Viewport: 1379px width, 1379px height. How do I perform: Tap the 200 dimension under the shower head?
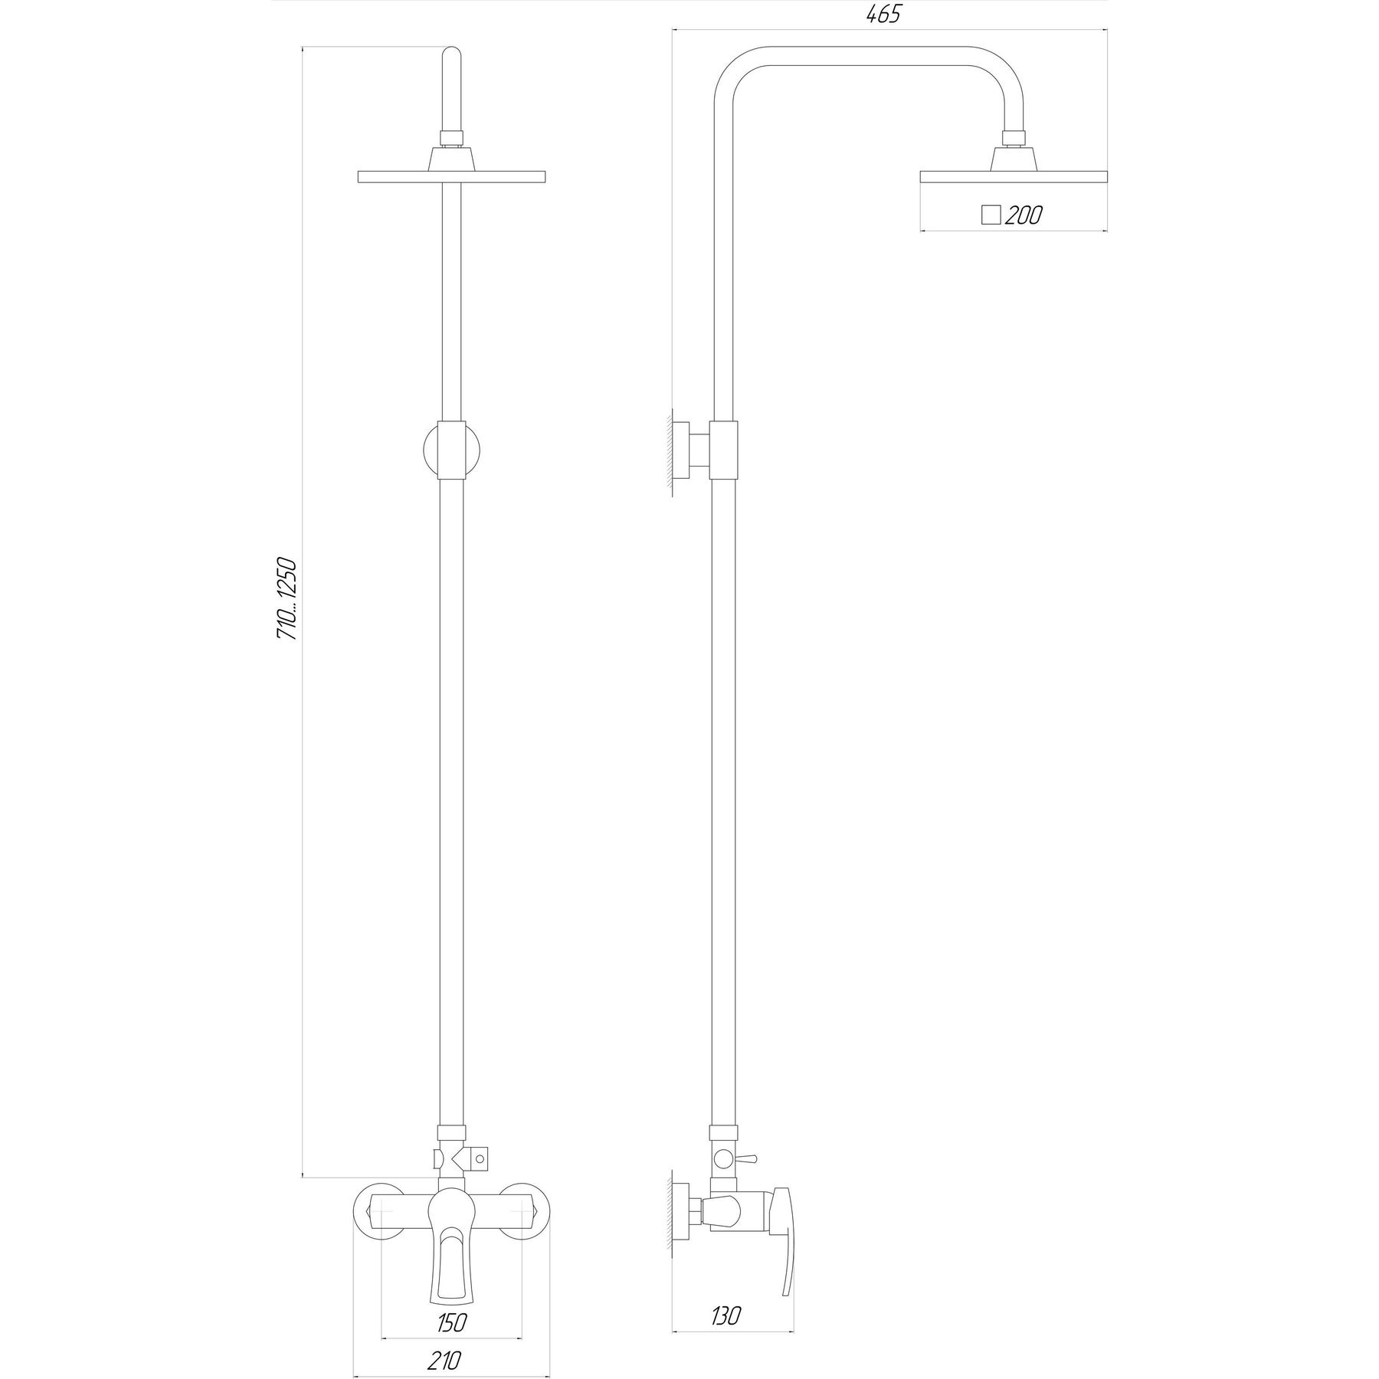tap(1023, 215)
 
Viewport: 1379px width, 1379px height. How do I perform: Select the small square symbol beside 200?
tap(991, 215)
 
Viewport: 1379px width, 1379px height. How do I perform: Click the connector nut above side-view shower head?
tap(1013, 139)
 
